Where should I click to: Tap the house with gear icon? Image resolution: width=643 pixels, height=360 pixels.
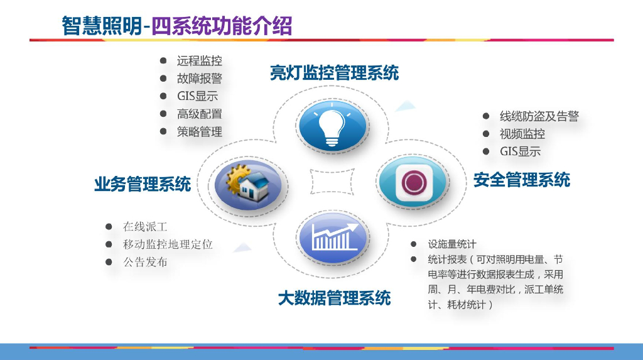(x=246, y=184)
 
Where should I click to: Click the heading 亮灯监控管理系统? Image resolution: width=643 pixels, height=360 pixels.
(x=334, y=73)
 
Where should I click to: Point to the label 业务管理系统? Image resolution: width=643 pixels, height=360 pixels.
(x=143, y=184)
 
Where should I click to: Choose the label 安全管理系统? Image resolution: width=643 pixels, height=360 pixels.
(x=521, y=180)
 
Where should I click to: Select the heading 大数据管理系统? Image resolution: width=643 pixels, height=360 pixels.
(x=334, y=297)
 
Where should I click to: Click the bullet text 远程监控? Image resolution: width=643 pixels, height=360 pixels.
(x=199, y=61)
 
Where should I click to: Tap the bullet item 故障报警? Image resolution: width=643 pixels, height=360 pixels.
(x=199, y=79)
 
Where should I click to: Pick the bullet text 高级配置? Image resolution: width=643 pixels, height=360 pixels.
(x=199, y=114)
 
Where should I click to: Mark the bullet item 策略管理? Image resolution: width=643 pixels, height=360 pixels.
(x=199, y=132)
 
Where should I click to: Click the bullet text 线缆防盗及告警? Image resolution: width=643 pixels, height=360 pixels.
(x=539, y=116)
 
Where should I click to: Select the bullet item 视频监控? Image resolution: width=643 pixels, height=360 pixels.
(x=522, y=134)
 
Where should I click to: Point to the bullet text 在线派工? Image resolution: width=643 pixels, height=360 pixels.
(x=145, y=227)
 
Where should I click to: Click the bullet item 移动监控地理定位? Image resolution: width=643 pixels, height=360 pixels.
(x=168, y=244)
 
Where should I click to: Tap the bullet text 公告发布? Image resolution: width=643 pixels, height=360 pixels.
(x=145, y=262)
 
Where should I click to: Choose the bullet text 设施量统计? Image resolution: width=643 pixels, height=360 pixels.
(x=452, y=244)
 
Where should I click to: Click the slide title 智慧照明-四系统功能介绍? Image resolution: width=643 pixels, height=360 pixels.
(x=176, y=26)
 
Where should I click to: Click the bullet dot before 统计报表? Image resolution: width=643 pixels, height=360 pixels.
(x=414, y=259)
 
